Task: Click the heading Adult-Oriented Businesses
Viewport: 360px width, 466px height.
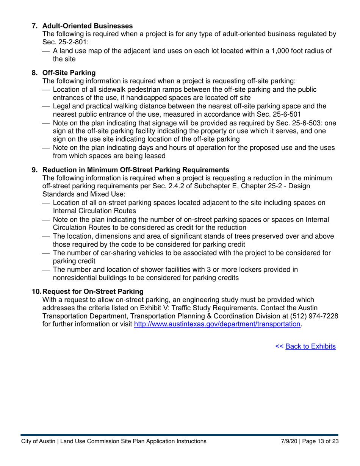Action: tap(87, 26)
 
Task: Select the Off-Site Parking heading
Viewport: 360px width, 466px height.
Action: tap(69, 72)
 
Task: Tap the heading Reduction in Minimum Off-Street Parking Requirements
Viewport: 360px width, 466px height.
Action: tap(136, 170)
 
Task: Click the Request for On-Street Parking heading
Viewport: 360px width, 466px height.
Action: tap(93, 291)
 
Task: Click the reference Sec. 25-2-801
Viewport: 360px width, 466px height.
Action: tap(65, 42)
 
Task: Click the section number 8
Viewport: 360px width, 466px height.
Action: tap(34, 72)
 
